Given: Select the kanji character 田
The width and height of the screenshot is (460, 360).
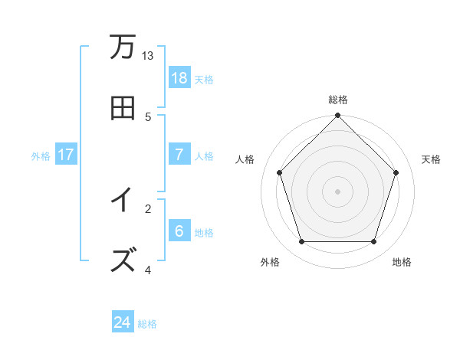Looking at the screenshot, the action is tap(122, 108).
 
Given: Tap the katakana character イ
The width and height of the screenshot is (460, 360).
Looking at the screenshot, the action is tap(122, 201).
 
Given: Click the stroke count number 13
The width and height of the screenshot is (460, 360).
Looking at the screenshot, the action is tap(148, 56).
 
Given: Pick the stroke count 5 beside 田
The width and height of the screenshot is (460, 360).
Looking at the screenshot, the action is tap(148, 116).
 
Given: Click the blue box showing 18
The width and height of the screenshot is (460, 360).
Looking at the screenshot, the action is tap(179, 78).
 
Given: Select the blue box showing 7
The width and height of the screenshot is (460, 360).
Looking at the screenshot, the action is tap(179, 154).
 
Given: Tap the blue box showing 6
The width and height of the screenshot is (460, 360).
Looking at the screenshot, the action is tap(179, 231).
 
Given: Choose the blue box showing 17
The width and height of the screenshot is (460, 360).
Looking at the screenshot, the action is tap(66, 154).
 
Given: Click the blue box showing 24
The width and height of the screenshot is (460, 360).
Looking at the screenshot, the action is tap(123, 322).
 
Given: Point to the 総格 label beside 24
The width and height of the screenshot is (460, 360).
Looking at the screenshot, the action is tap(147, 324).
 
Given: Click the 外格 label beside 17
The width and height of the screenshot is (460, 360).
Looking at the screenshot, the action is tap(41, 155).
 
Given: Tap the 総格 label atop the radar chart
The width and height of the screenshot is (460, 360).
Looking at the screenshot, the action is tap(338, 100).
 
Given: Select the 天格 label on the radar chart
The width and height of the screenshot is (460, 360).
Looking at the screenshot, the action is tap(431, 159).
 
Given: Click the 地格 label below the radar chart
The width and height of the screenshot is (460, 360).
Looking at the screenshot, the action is tap(402, 262).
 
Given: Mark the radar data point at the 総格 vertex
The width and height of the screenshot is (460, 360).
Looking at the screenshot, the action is tap(338, 116).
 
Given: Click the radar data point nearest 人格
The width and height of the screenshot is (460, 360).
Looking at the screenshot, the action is tap(279, 172).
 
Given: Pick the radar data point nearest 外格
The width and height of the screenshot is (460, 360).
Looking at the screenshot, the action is tap(301, 242).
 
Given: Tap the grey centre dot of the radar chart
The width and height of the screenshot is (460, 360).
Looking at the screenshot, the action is tap(338, 191).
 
